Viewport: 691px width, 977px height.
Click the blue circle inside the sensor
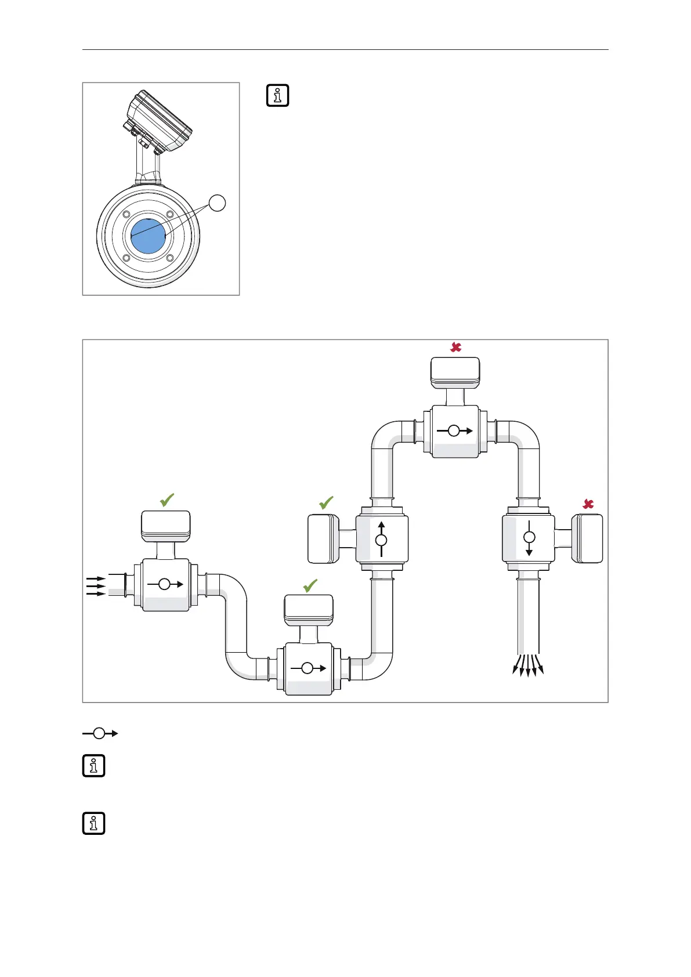(x=149, y=236)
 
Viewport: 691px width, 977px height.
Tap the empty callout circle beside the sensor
(x=217, y=203)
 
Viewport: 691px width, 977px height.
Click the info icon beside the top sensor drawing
(x=277, y=96)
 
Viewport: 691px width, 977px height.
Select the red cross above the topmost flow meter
(x=456, y=347)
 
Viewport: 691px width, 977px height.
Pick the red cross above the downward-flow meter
(x=588, y=504)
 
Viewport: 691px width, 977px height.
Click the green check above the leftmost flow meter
(x=167, y=500)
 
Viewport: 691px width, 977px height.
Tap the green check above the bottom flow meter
(x=310, y=586)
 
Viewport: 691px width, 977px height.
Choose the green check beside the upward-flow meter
(x=326, y=502)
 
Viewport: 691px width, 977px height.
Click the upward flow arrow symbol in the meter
(x=381, y=540)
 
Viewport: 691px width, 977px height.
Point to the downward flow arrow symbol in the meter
(x=529, y=538)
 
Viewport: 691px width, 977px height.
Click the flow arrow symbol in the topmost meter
(x=454, y=430)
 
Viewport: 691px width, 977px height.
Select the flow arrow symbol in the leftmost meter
(x=165, y=584)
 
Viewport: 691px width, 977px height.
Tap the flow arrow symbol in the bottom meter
(x=307, y=668)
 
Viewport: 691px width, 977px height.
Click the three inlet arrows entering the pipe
(x=96, y=586)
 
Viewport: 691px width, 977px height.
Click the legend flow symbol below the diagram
(x=100, y=733)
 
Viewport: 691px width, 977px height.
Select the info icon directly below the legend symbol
(x=94, y=766)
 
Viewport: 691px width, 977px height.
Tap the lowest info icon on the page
(x=94, y=823)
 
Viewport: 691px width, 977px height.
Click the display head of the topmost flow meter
(x=455, y=372)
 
